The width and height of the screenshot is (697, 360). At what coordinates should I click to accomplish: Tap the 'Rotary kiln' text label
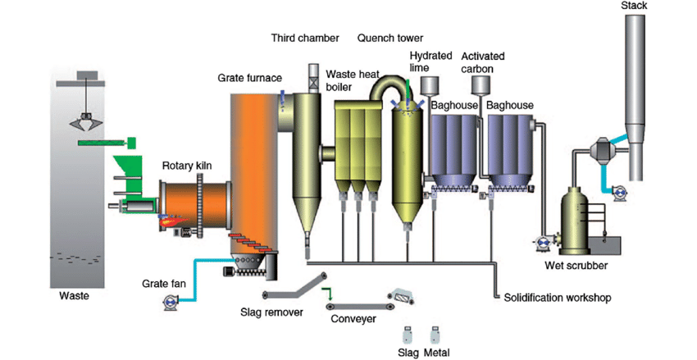click(x=187, y=166)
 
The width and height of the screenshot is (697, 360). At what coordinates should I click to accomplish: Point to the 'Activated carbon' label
click(x=483, y=62)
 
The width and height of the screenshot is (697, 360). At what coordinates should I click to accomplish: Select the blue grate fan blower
click(x=171, y=303)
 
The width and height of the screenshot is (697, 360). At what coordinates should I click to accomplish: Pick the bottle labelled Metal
click(x=435, y=335)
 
